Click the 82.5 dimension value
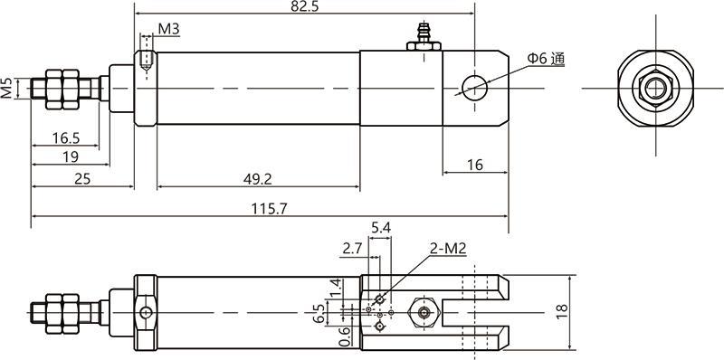pos(305,6)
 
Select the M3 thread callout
pos(168,29)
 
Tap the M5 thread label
pos(7,88)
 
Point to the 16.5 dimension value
pos(65,137)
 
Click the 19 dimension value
pos(71,156)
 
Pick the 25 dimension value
pos(82,178)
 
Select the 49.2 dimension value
pos(257,178)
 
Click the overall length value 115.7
pos(269,209)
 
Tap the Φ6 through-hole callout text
pos(547,59)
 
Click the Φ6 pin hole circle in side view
pos(474,88)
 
